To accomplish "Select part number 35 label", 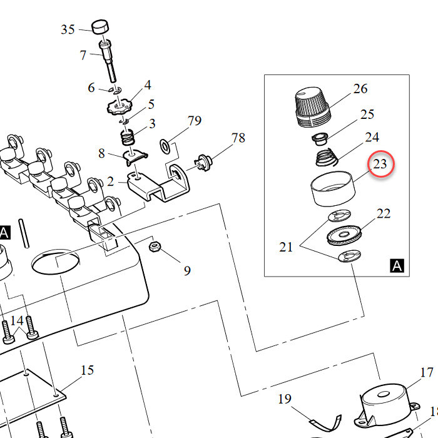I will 68,29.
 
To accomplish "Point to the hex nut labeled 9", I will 155,247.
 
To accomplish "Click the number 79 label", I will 195,121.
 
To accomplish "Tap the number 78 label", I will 238,138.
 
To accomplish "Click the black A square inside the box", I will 397,266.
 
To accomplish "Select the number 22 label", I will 384,214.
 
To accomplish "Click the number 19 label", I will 285,399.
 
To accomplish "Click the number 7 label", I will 83,55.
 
